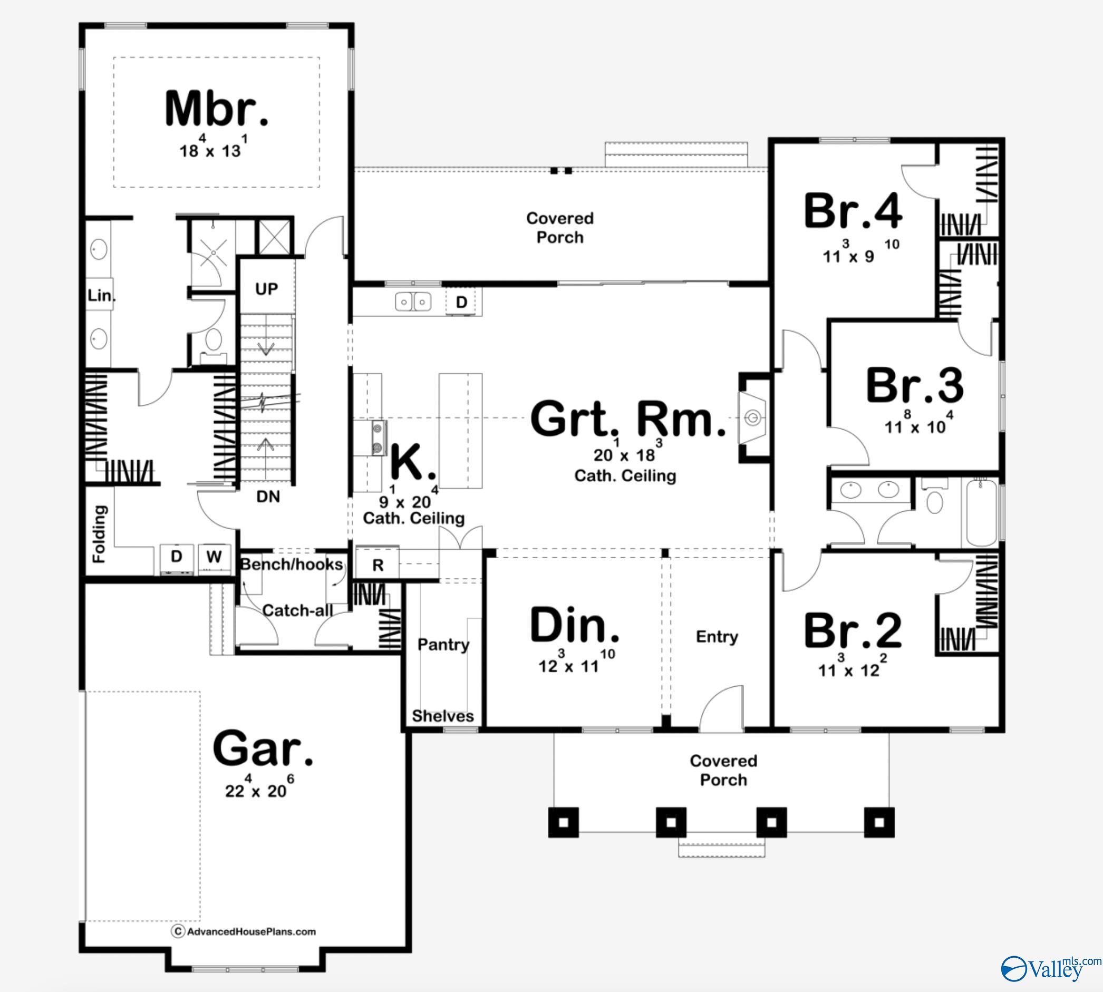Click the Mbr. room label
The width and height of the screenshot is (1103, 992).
click(x=217, y=110)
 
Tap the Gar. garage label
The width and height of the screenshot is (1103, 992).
click(x=263, y=749)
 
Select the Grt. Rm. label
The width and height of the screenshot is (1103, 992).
click(x=627, y=419)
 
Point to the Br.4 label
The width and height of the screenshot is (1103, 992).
click(x=853, y=211)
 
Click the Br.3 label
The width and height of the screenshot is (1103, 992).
click(x=914, y=386)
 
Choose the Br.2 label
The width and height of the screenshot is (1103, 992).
click(x=853, y=630)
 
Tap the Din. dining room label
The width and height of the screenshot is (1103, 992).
click(x=574, y=625)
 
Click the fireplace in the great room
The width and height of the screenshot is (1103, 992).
click(x=753, y=418)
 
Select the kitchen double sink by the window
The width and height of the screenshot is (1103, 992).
click(x=413, y=302)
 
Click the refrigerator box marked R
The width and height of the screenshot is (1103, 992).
click(x=378, y=565)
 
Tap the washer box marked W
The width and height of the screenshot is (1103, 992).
click(x=214, y=557)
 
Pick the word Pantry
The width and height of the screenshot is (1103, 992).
click(x=443, y=645)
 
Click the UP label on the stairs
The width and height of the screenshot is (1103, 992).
click(x=266, y=289)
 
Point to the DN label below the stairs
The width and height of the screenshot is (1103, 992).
click(x=268, y=497)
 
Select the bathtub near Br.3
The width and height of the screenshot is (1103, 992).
click(x=981, y=512)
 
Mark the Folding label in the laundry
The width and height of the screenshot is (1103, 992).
click(x=99, y=533)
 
